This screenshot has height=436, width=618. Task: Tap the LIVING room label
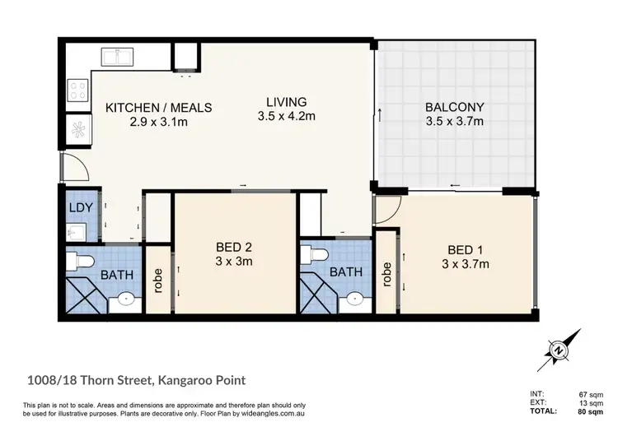[x=286, y=101]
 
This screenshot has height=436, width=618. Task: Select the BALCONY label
[x=454, y=107]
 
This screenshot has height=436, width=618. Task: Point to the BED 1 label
[x=466, y=249]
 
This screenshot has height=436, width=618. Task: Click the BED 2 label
[x=234, y=247]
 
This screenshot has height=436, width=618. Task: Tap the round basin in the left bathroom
[x=126, y=297]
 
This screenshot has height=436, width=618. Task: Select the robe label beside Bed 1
[x=386, y=274]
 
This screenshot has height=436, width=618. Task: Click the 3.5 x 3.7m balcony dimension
[x=454, y=123]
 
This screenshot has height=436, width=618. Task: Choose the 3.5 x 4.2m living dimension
[x=286, y=116]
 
